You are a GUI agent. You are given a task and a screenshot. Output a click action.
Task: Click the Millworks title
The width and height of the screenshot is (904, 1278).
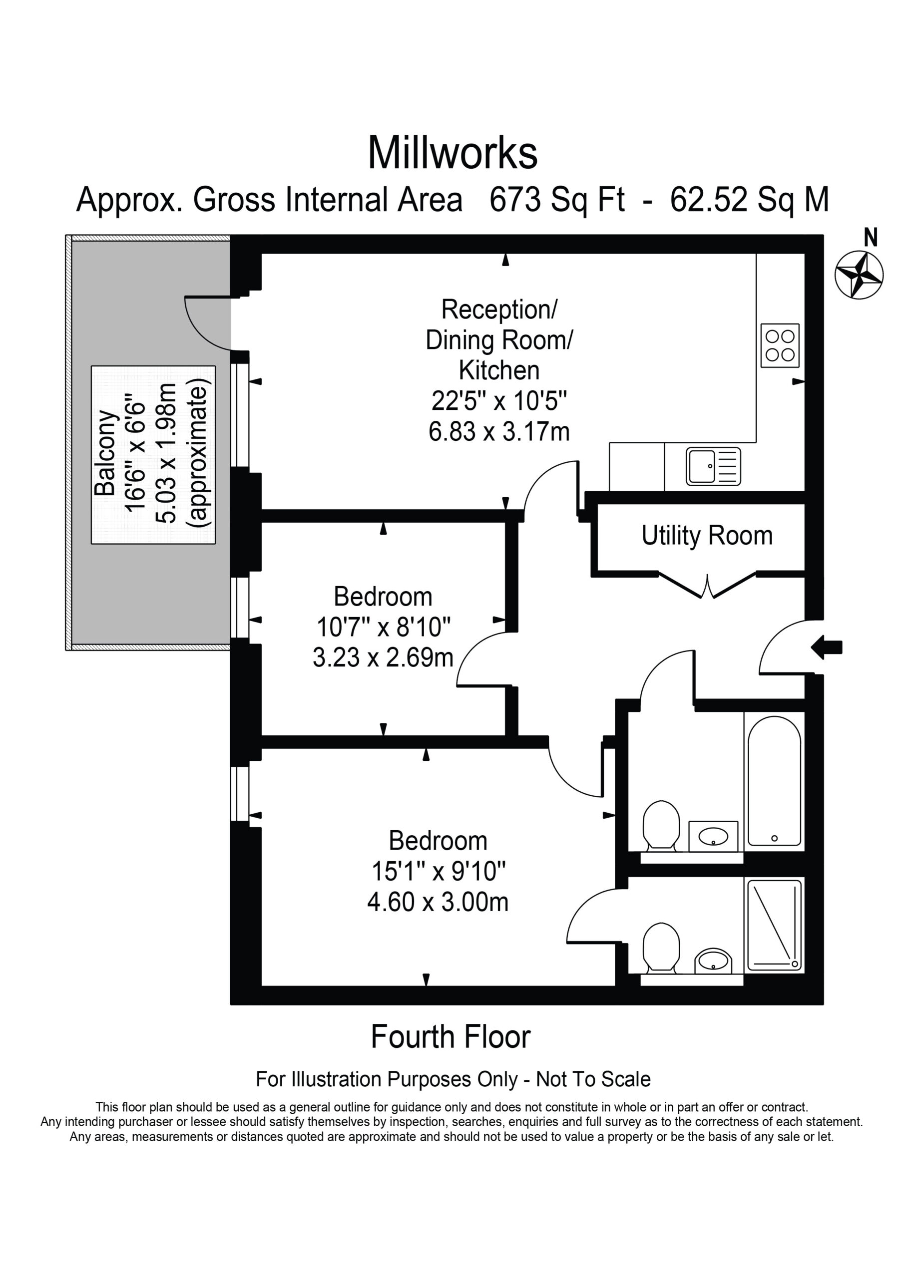pos(452,153)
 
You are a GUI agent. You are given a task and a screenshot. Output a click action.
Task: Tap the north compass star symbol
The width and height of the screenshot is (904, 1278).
pos(859,275)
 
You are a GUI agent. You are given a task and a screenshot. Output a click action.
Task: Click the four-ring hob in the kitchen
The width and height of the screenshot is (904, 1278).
pos(780,345)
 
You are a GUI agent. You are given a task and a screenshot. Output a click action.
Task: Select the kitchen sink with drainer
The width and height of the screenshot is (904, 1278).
pos(714,465)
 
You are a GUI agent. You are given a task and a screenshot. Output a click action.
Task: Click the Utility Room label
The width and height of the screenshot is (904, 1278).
pos(707,536)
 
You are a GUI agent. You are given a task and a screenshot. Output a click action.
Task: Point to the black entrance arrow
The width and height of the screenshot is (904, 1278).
pos(827,647)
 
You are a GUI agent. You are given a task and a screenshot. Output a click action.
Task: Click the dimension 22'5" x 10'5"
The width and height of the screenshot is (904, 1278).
pos(499,400)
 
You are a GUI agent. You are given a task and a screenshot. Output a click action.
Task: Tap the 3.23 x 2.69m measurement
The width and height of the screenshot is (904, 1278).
pos(383,657)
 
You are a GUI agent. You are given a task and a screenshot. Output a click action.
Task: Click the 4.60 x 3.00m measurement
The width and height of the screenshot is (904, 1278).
pos(438,901)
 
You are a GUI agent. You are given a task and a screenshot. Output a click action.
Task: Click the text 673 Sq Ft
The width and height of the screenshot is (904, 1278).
pos(556,199)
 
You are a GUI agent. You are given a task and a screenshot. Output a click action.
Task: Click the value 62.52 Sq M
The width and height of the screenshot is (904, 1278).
pos(750,199)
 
